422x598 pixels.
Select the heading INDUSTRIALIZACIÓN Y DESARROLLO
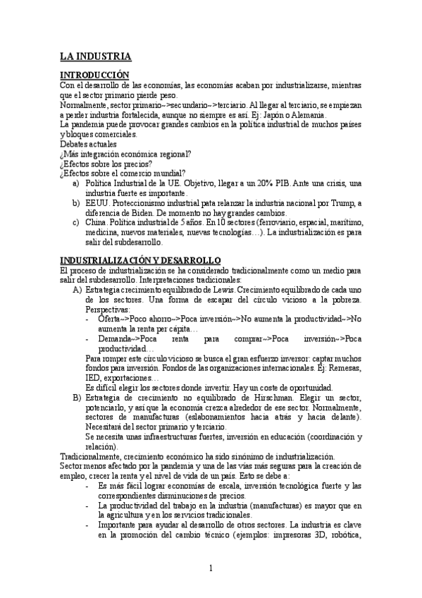tap(140, 260)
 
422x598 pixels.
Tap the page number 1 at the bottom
tap(211, 569)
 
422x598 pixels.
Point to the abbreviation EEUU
tap(97, 203)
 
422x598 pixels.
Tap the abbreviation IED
tap(92, 377)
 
